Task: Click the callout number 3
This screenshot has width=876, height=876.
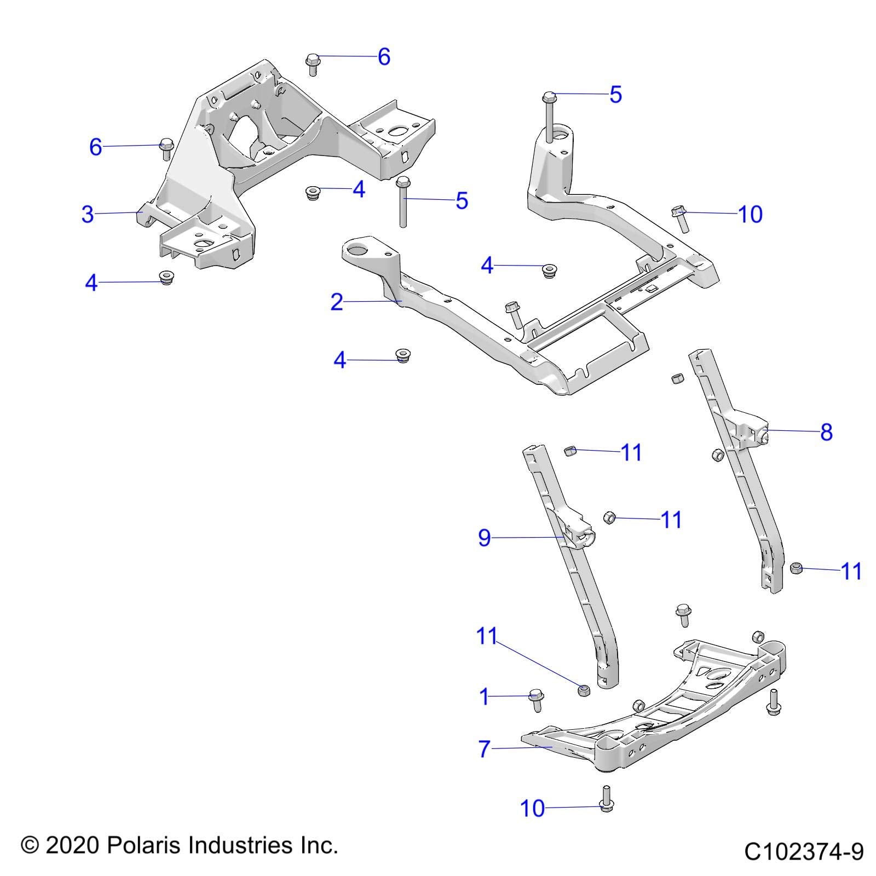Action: pyautogui.click(x=88, y=214)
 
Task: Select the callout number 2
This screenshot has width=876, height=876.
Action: pyautogui.click(x=337, y=302)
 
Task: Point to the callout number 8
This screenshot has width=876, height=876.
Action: pyautogui.click(x=826, y=432)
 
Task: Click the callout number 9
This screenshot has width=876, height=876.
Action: pyautogui.click(x=484, y=538)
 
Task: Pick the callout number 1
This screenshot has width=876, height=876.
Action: pyautogui.click(x=483, y=697)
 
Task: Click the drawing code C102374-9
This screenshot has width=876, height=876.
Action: pyautogui.click(x=803, y=851)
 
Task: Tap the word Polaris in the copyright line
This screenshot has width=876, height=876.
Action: pyautogui.click(x=144, y=845)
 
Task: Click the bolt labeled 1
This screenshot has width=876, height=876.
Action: pyautogui.click(x=536, y=700)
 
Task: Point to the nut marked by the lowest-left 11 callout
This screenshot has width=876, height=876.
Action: pyautogui.click(x=584, y=690)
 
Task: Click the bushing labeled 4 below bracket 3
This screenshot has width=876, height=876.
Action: pyautogui.click(x=166, y=277)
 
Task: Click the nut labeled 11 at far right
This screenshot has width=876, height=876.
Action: pyautogui.click(x=797, y=568)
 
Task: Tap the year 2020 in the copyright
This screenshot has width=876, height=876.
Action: pyautogui.click(x=72, y=845)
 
